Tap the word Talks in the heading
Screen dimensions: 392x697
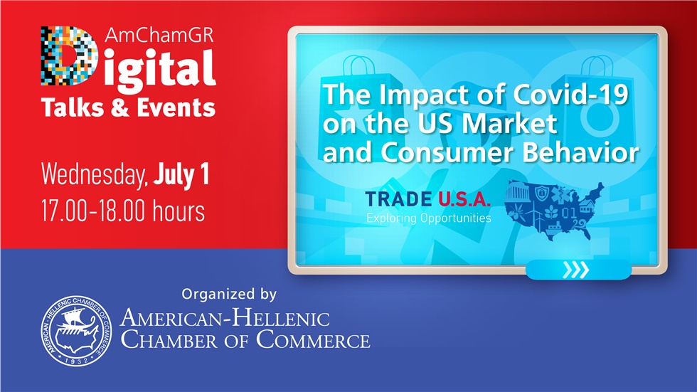coord(71,107)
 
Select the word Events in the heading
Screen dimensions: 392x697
coord(175,107)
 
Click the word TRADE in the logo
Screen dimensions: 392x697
coord(398,201)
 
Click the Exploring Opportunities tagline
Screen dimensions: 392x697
coord(428,218)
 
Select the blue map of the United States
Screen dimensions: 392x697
coord(552,211)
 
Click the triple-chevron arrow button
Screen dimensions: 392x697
coord(577,270)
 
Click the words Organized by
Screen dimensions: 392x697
coord(229,293)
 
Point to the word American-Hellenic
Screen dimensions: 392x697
coord(225,317)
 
